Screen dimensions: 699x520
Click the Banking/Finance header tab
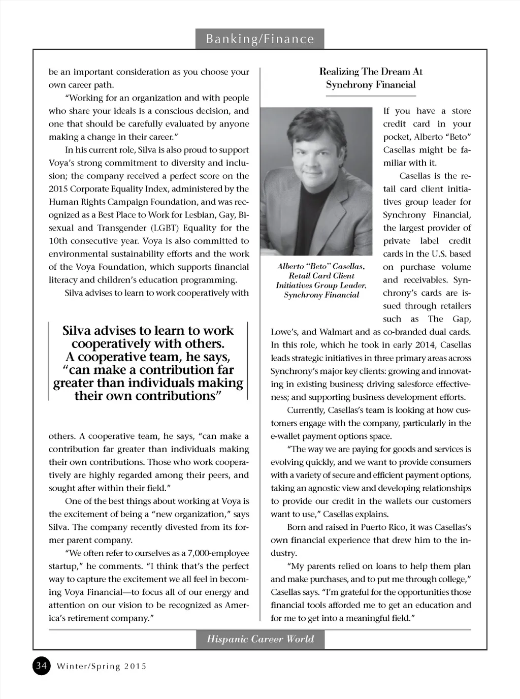pos(259,39)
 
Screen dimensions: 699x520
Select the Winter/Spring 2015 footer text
pos(102,666)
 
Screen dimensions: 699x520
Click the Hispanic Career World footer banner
pos(260,639)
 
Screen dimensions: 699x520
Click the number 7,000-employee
pos(219,553)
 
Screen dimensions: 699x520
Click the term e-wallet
pos(286,436)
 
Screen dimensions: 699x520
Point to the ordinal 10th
pos(57,241)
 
